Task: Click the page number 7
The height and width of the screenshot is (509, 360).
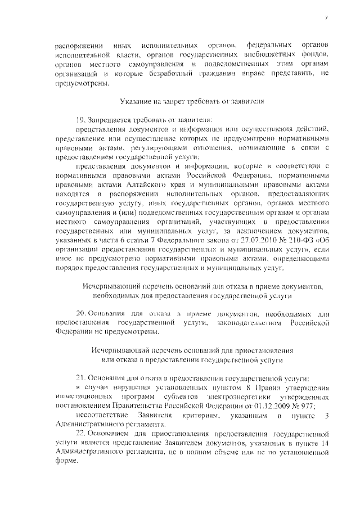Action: (326, 19)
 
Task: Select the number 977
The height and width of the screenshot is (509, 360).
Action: (308, 407)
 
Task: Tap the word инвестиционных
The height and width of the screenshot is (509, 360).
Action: (84, 398)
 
